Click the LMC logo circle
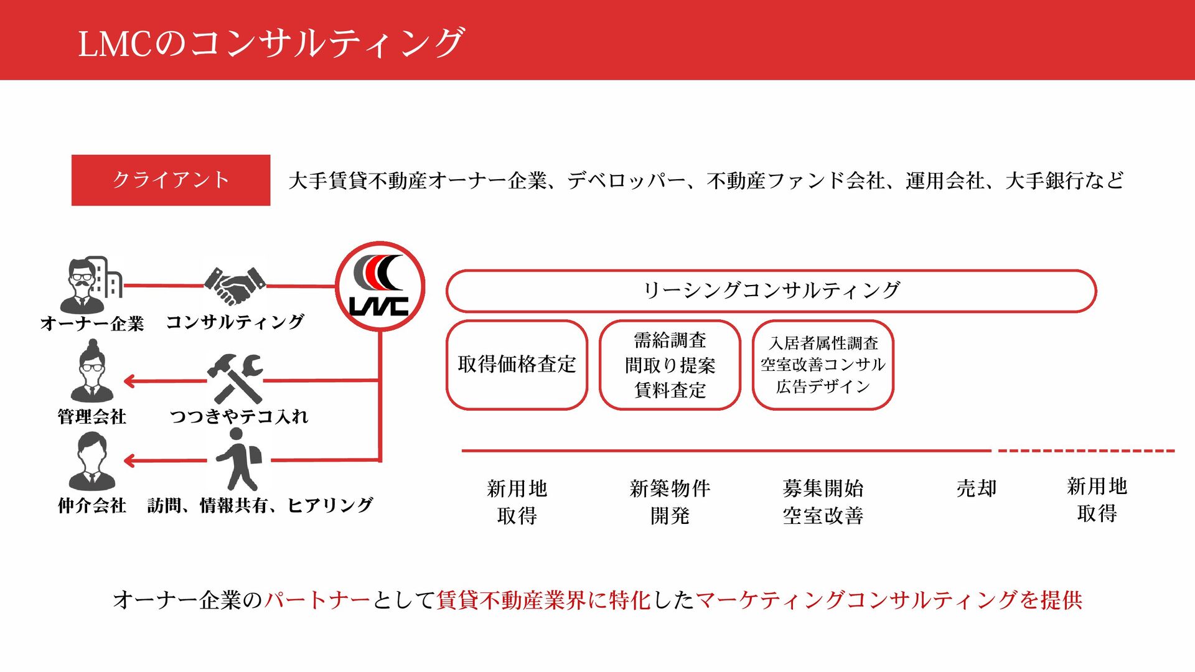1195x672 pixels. pos(380,286)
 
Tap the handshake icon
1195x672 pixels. pos(235,286)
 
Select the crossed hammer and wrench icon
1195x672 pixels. pos(235,378)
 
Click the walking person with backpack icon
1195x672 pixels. pos(238,460)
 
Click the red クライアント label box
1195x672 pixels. pos(171,180)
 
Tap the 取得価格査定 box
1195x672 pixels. pos(517,365)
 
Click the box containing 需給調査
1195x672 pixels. pos(670,365)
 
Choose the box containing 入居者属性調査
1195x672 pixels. pos(823,365)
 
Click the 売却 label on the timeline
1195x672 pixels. pos(976,488)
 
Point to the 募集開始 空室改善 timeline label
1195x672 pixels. pos(823,502)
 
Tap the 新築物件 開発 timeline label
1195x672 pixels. pos(670,502)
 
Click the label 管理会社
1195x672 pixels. pos(91,416)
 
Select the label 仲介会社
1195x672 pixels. pos(91,505)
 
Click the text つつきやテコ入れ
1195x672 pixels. pos(239,416)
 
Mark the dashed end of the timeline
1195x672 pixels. pos(1086,450)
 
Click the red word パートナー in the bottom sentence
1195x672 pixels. pos(317,600)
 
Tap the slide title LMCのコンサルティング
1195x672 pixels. pos(271,42)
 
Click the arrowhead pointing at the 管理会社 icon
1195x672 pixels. pos(129,381)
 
